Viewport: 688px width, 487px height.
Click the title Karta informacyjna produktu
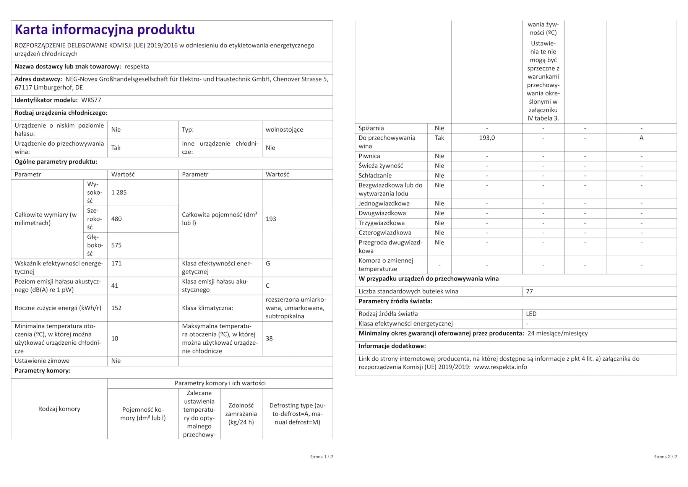[105, 29]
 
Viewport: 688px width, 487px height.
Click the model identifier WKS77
[91, 100]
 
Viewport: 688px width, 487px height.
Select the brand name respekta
[137, 67]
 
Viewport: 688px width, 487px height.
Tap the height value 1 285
[119, 192]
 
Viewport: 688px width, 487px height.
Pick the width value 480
[117, 219]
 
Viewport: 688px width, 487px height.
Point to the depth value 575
[117, 245]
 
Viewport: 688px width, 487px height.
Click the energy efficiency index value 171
[117, 264]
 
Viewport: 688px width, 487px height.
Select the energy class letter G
[268, 264]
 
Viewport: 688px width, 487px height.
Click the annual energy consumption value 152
[117, 308]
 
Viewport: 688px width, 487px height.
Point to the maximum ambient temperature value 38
[269, 339]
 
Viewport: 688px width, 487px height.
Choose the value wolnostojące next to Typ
[284, 130]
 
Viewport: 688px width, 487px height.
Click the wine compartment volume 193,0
[487, 138]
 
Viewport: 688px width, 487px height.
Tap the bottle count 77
[529, 292]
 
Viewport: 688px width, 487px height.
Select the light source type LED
[531, 314]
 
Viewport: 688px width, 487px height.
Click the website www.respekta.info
[501, 367]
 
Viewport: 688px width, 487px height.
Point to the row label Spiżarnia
[371, 128]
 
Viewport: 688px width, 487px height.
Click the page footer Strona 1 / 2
[321, 457]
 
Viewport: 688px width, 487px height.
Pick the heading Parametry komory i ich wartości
[220, 383]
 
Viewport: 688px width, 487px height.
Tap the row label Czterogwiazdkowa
[385, 233]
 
